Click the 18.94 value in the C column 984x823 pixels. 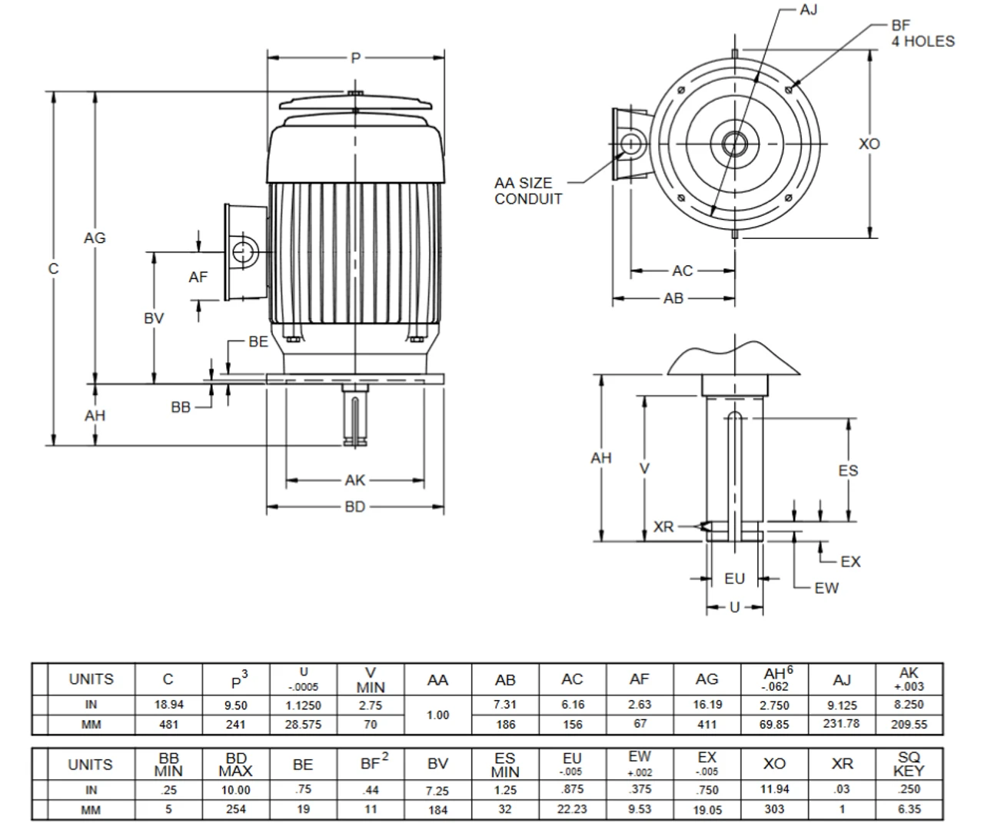pos(168,705)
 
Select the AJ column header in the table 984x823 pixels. pos(842,679)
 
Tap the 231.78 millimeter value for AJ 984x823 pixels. pos(842,724)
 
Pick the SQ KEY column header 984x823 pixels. pos(908,765)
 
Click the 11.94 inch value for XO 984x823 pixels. pos(774,790)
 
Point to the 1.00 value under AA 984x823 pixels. pos(437,715)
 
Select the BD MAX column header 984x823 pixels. pos(235,765)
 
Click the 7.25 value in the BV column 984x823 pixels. pos(437,790)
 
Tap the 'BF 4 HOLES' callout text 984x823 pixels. pos(922,34)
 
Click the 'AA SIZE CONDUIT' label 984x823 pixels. pos(528,191)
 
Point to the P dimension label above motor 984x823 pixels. pos(355,58)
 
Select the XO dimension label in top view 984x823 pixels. pos(869,144)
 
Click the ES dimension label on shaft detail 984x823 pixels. pos(847,470)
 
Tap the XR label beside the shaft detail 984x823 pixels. pos(663,527)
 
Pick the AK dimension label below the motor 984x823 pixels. pos(354,481)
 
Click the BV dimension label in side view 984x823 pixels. pos(154,317)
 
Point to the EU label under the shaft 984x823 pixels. pos(734,579)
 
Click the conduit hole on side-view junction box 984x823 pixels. pos(245,251)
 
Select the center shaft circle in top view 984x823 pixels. pos(734,143)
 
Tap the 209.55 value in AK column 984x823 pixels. pos(908,724)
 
